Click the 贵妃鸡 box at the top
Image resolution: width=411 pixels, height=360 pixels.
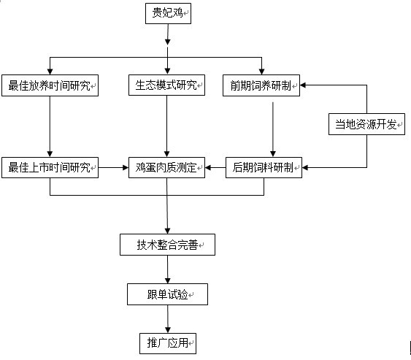(x=169, y=13)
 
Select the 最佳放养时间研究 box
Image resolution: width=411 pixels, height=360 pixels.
(x=50, y=85)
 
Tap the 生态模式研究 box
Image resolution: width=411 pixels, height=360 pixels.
(x=166, y=85)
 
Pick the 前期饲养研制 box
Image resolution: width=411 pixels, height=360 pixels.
(x=261, y=85)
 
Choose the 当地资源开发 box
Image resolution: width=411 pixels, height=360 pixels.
(x=366, y=124)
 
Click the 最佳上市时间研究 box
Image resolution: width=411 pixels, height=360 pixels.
(x=50, y=167)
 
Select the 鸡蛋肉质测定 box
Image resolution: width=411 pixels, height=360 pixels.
(x=166, y=167)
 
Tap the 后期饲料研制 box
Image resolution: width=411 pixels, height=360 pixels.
(x=264, y=167)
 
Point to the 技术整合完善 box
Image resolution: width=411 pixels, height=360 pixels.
(x=167, y=245)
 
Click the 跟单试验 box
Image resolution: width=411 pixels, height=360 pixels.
(x=167, y=294)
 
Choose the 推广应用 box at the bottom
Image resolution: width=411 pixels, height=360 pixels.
(x=168, y=343)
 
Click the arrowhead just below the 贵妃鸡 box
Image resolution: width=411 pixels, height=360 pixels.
(x=168, y=42)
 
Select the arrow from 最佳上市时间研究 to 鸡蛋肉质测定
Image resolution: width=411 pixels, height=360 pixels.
(x=113, y=167)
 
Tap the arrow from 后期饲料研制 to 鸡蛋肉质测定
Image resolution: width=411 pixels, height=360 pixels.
(x=215, y=167)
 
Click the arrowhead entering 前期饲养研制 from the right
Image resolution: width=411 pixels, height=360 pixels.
(x=303, y=85)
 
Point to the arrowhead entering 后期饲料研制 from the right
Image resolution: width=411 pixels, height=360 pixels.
(x=305, y=167)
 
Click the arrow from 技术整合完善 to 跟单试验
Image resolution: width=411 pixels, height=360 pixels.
(x=168, y=269)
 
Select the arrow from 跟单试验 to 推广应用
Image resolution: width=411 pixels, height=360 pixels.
(x=168, y=319)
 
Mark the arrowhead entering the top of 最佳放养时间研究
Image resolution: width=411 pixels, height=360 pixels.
(x=50, y=72)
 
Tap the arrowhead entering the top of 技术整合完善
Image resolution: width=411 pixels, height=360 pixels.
(x=167, y=231)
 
